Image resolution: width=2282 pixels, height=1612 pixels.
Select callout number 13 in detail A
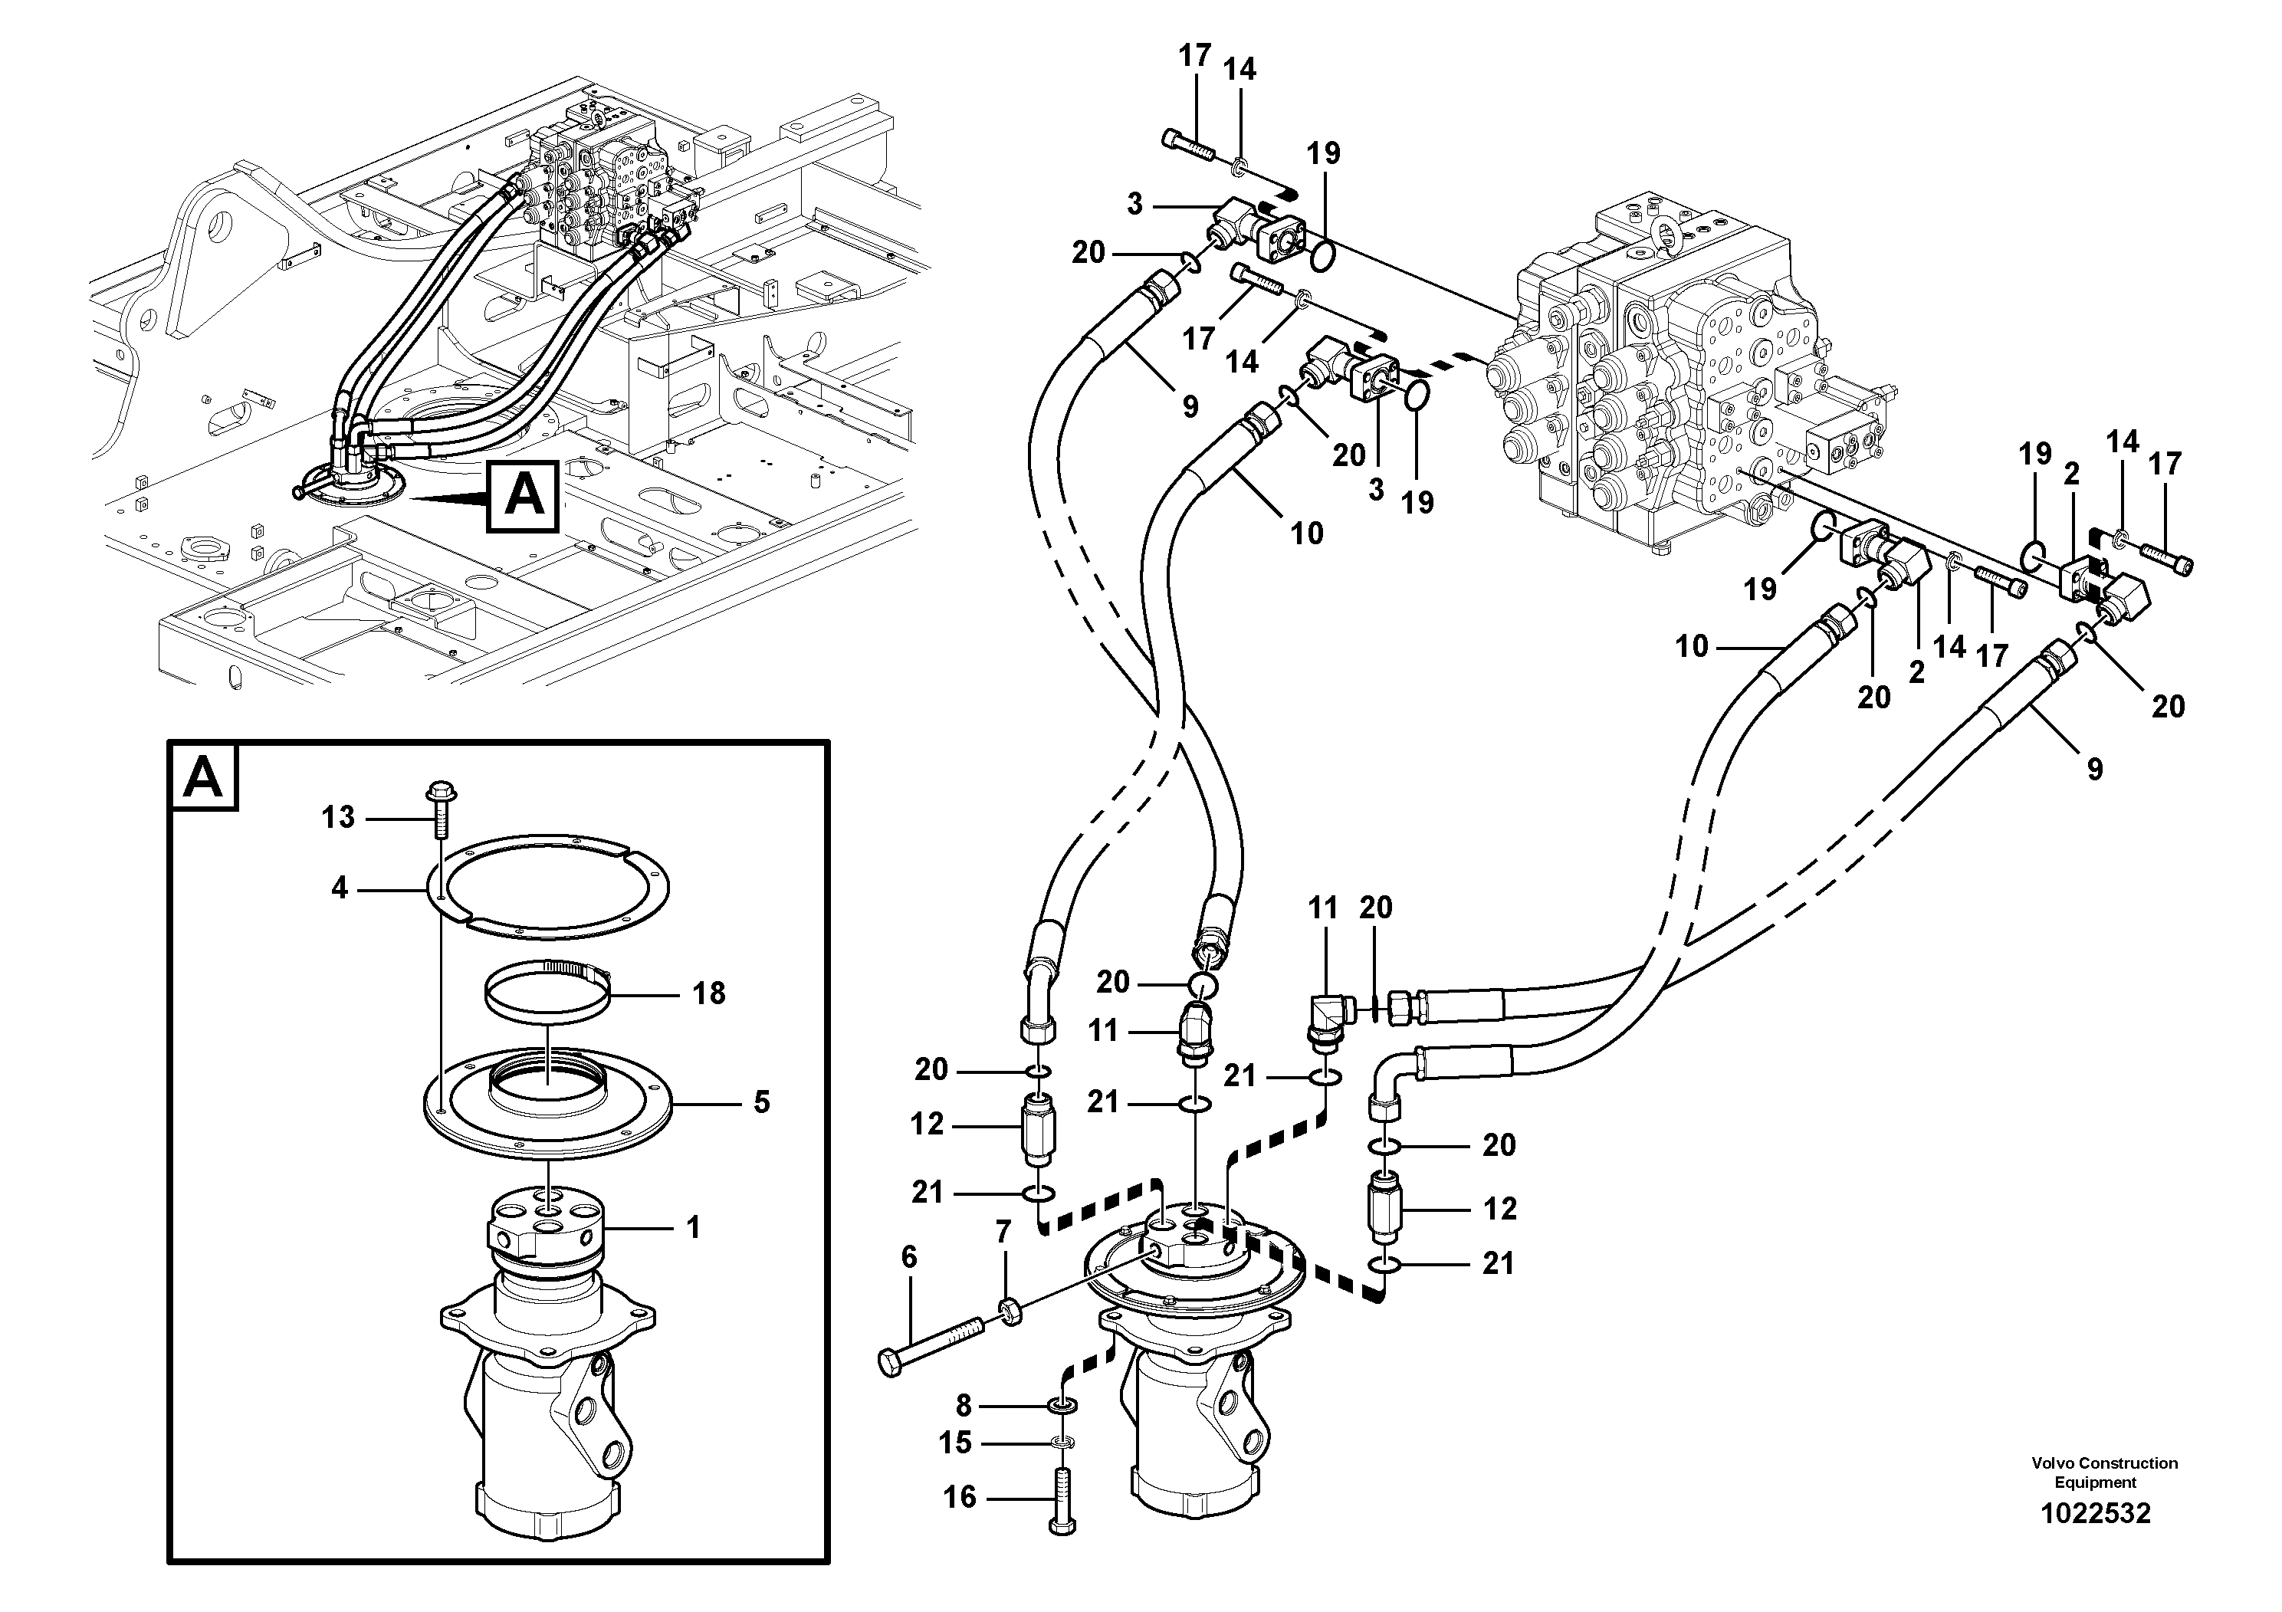pos(338,817)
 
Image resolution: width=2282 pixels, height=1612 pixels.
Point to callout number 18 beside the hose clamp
pos(708,992)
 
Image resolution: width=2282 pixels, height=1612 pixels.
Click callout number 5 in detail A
pos(761,1102)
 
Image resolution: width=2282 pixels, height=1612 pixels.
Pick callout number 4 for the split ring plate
pos(340,888)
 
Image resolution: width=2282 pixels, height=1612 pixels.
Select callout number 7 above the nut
pos(1003,1233)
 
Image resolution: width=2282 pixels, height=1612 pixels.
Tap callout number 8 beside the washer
pos(962,1405)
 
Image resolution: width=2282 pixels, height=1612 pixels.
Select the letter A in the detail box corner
pos(204,777)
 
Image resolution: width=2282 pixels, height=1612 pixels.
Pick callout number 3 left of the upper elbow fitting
pos(1135,204)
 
